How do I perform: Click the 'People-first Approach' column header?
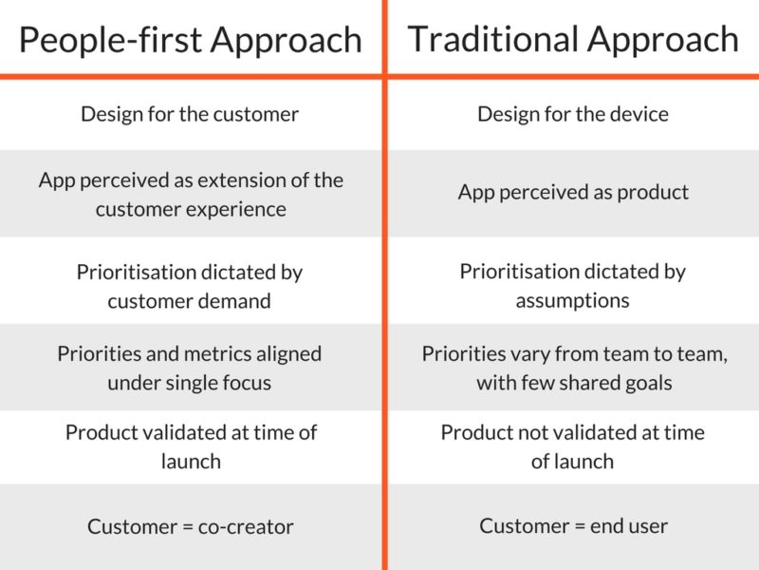coord(191,40)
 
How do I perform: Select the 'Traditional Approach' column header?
coord(573,39)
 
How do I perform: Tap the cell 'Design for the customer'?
coord(190,114)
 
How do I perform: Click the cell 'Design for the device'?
coord(573,114)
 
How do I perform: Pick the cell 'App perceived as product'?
coord(573,193)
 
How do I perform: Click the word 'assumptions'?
coord(573,301)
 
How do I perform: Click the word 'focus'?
coord(247,383)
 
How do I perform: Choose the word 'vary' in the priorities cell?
coord(530,354)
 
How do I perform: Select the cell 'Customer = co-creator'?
coord(191,527)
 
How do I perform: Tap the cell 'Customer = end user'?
coord(574,526)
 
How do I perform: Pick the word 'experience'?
coord(236,210)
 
